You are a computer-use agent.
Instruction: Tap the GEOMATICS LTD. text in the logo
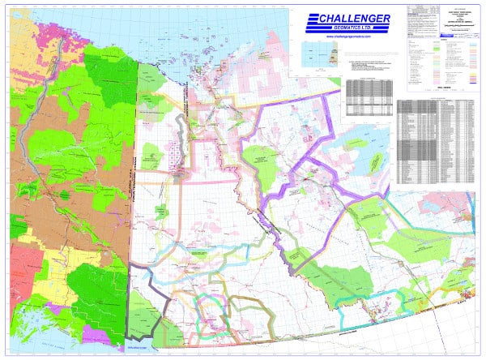pyautogui.click(x=350, y=29)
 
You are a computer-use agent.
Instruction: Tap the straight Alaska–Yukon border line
pyautogui.click(x=135, y=162)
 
